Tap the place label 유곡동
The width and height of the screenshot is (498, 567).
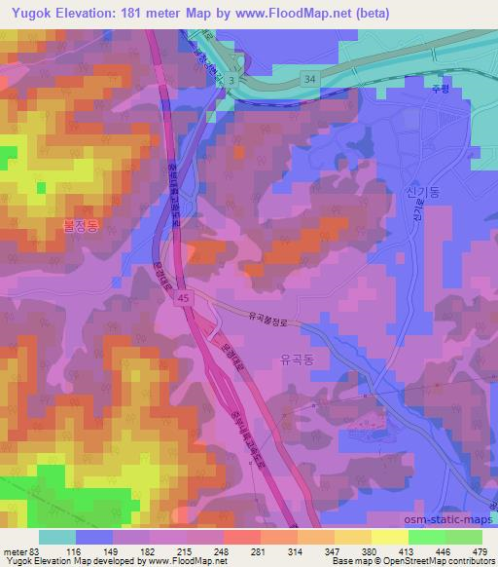(x=297, y=359)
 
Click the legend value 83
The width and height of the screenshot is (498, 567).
(x=36, y=552)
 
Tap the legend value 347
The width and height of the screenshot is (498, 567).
(x=321, y=552)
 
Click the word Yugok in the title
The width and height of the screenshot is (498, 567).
(x=28, y=13)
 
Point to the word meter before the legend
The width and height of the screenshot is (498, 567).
(x=15, y=552)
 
